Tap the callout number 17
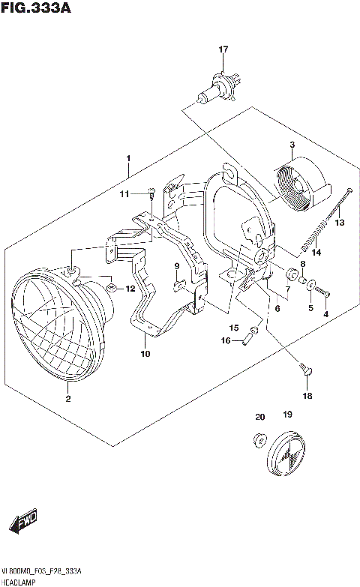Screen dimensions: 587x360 click(x=223, y=49)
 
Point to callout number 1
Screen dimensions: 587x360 click(x=128, y=159)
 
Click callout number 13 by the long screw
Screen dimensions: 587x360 click(x=339, y=223)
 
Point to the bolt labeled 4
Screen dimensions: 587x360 click(x=325, y=293)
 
